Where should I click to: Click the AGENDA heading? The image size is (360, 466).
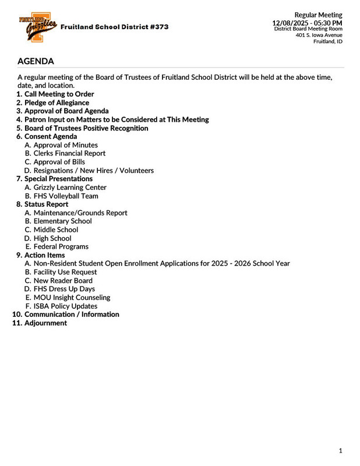pyautogui.click(x=36, y=61)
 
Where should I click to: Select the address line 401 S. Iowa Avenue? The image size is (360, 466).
pyautogui.click(x=319, y=35)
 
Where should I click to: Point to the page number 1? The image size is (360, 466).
pyautogui.click(x=341, y=451)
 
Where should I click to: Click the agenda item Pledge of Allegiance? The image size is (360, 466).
pyautogui.click(x=57, y=103)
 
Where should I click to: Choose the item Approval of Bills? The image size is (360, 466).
pyautogui.click(x=59, y=162)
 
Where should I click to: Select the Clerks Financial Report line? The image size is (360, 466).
pyautogui.click(x=69, y=153)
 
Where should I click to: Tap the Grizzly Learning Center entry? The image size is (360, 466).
pyautogui.click(x=70, y=188)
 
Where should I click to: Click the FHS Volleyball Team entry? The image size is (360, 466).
pyautogui.click(x=66, y=196)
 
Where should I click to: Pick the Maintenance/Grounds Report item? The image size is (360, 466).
pyautogui.click(x=80, y=213)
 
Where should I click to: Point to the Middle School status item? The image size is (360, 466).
pyautogui.click(x=56, y=230)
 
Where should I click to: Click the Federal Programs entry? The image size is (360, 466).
pyautogui.click(x=61, y=246)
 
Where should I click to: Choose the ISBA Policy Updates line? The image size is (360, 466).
pyautogui.click(x=65, y=306)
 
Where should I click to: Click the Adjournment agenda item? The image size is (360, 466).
pyautogui.click(x=45, y=323)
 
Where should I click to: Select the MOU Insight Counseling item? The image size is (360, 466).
pyautogui.click(x=72, y=297)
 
